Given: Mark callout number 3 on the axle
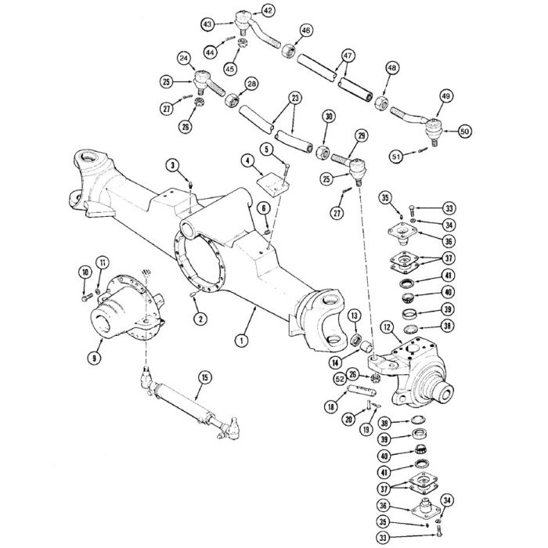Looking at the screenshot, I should pyautogui.click(x=171, y=164).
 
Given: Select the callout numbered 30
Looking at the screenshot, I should pyautogui.click(x=329, y=117).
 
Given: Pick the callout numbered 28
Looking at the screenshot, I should pyautogui.click(x=251, y=84).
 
